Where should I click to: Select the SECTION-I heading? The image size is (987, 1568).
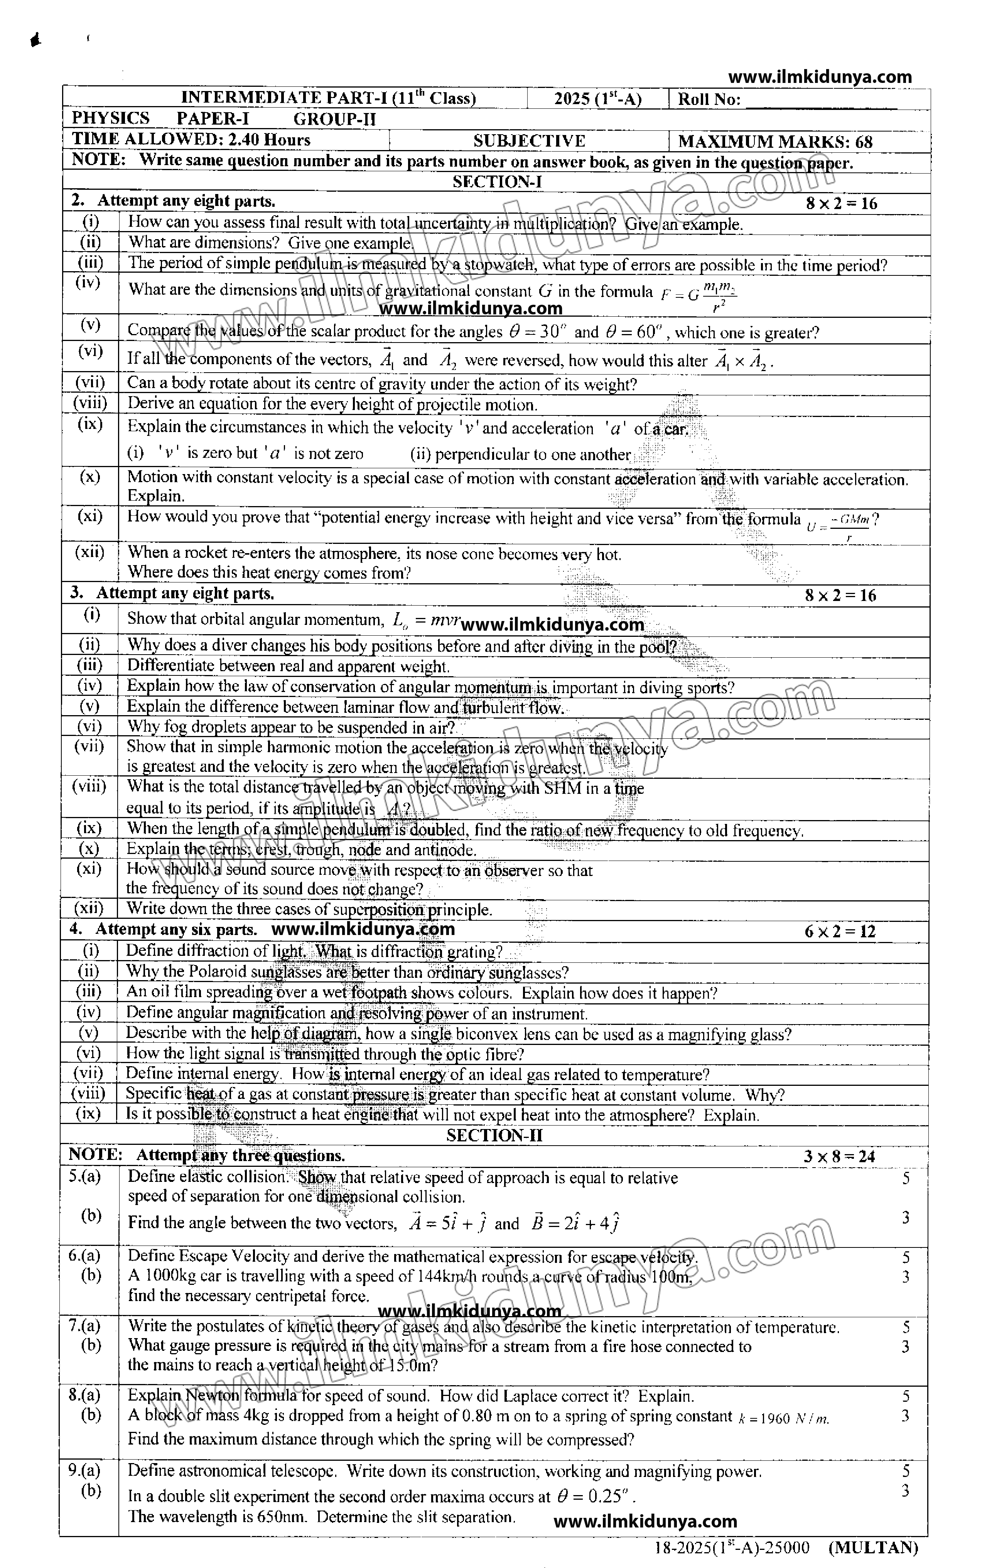[497, 182]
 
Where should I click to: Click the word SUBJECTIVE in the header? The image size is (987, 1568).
[529, 141]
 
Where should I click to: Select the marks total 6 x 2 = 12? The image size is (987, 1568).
[840, 931]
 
